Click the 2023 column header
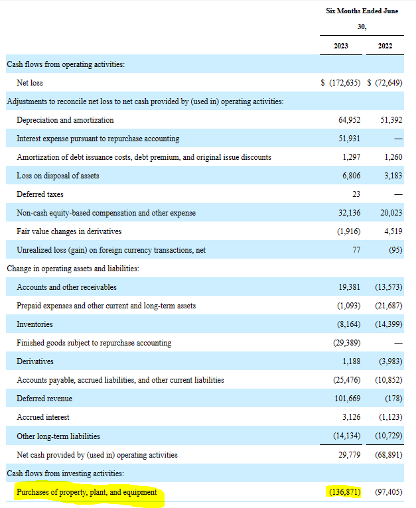[340, 46]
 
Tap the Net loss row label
[30, 83]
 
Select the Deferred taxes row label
[40, 194]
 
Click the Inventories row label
[35, 324]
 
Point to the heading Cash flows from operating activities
[66, 64]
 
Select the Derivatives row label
[35, 361]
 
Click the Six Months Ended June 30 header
[362, 19]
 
